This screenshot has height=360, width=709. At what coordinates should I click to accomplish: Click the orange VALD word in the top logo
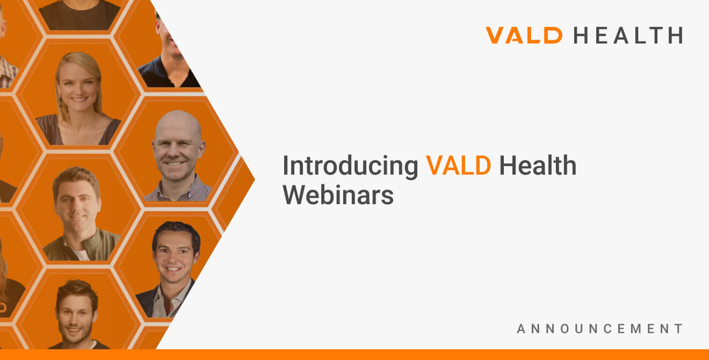524,35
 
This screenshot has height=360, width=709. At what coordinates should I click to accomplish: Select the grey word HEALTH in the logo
628,35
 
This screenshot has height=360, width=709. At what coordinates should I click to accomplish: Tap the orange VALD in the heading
459,165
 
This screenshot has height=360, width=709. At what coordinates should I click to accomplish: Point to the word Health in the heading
538,165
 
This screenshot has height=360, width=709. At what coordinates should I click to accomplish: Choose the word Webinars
338,195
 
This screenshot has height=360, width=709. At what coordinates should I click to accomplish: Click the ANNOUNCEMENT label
599,328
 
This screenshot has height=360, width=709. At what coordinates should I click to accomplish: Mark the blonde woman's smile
79,99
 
